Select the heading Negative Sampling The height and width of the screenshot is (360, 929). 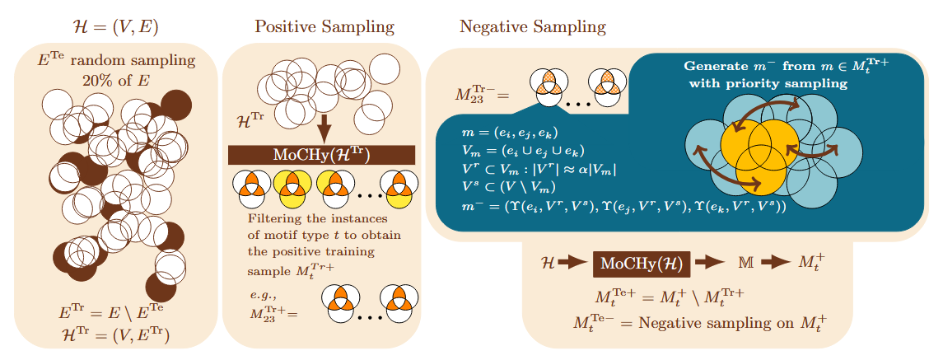533,26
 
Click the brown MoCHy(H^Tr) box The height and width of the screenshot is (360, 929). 321,156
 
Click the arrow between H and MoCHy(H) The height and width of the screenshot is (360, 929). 573,264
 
